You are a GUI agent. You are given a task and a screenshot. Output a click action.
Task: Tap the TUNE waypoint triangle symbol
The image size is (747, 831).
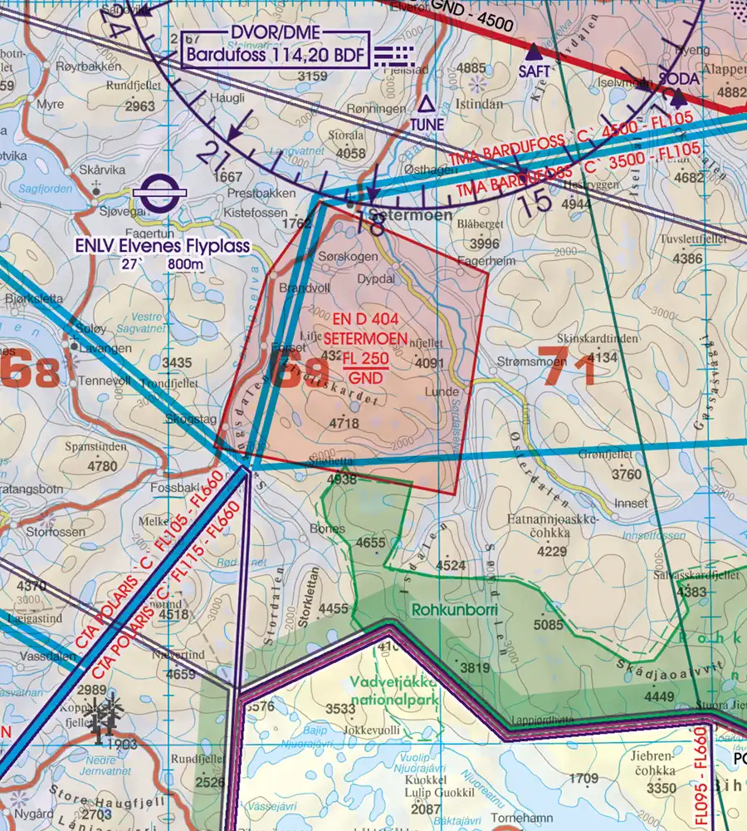pyautogui.click(x=427, y=105)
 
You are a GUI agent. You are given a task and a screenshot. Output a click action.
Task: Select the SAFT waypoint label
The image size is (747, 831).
pyautogui.click(x=534, y=71)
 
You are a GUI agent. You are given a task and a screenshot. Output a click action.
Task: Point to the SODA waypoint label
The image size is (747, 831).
pyautogui.click(x=678, y=77)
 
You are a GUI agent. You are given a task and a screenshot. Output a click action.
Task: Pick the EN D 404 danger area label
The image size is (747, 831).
pyautogui.click(x=366, y=321)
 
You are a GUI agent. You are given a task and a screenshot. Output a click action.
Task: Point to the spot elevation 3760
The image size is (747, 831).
pyautogui.click(x=626, y=475)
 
